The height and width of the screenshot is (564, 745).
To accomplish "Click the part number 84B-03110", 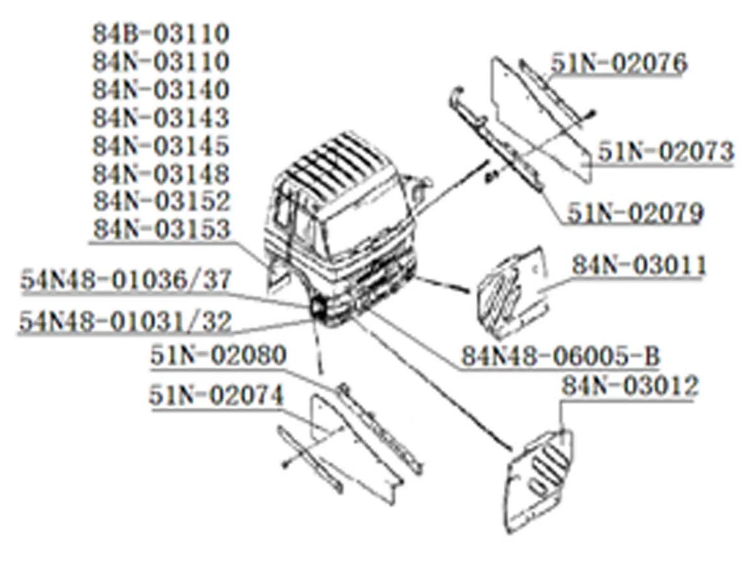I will coord(161,34).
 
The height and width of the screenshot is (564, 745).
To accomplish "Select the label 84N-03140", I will coord(161,90).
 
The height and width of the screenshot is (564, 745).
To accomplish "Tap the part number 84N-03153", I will coord(162,230).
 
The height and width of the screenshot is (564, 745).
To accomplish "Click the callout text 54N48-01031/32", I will coord(125,321).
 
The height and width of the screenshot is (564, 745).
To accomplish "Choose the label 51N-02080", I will coord(218,356).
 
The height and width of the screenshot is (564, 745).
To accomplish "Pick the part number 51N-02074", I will coord(216,396).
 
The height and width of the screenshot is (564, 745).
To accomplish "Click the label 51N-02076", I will coord(619,63).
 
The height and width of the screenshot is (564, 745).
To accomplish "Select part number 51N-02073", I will coord(666,152).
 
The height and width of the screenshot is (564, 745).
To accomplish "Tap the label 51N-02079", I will coord(635,213).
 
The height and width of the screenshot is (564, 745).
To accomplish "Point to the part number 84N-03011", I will coord(639,265).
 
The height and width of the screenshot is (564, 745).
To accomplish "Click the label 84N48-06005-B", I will coord(560,357).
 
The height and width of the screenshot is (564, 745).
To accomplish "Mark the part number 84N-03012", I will coord(630,386).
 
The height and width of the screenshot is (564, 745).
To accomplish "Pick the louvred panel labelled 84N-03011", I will coord(511,288).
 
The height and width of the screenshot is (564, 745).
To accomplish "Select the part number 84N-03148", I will coord(161,174).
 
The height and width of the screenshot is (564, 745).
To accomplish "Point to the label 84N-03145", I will coord(161,146).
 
